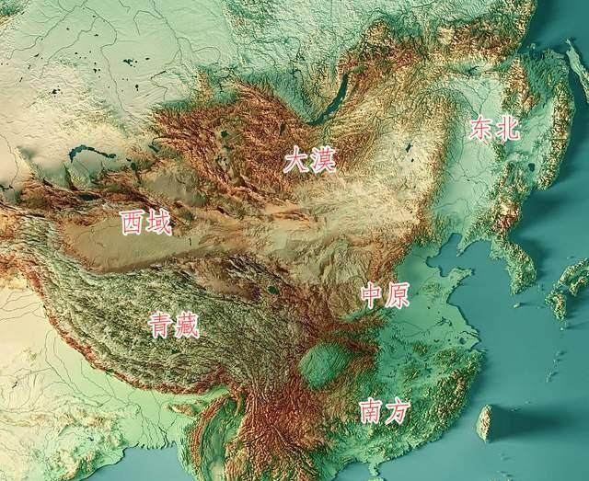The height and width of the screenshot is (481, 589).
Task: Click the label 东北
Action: [x=494, y=128]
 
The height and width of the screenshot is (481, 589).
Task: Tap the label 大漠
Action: [x=309, y=161]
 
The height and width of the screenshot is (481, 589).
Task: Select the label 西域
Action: [x=146, y=222]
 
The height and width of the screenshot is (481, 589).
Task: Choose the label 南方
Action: [x=382, y=410]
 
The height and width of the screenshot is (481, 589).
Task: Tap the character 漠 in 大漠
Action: [x=323, y=161]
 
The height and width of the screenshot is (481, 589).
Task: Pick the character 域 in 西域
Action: [x=159, y=222]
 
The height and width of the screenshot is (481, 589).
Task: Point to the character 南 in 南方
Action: [x=369, y=410]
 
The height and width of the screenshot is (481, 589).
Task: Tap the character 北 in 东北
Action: [x=508, y=128]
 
